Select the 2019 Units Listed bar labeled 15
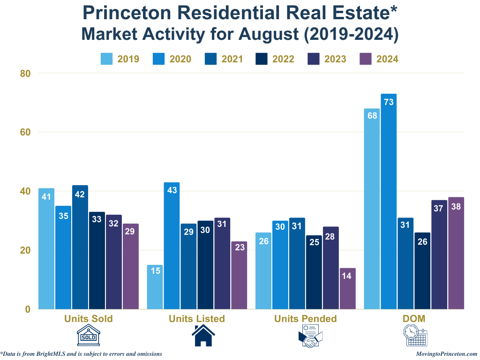[155, 287]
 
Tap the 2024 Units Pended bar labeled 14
[347, 289]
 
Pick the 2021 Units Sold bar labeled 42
[80, 247]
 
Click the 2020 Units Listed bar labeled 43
[172, 246]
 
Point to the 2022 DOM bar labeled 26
[422, 271]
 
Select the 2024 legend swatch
[365, 59]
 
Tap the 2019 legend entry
[120, 59]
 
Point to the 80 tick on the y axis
[25, 73]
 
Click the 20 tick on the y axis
[25, 250]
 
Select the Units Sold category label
[89, 319]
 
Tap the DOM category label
[414, 319]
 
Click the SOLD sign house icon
[89, 336]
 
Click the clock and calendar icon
[415, 336]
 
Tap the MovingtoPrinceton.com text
[446, 354]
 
